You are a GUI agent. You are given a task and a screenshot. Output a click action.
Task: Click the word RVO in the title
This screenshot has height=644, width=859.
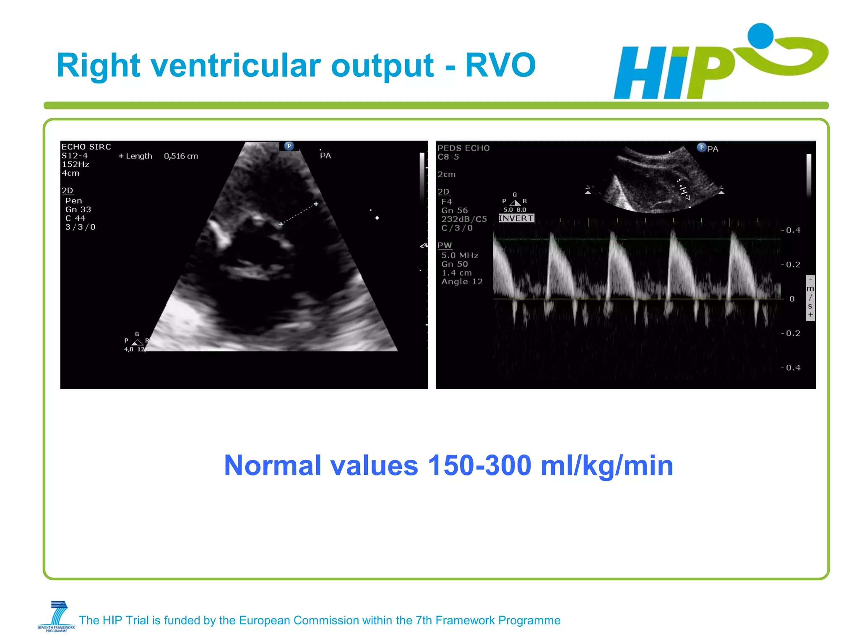[500, 65]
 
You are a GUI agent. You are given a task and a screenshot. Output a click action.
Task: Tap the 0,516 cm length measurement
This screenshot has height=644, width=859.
[181, 156]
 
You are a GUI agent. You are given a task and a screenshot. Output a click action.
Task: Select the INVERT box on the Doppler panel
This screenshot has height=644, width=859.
[516, 218]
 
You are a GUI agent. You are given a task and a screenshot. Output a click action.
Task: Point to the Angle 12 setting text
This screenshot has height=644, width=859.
[462, 282]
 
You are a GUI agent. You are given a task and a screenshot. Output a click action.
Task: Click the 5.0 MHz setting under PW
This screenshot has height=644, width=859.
[459, 255]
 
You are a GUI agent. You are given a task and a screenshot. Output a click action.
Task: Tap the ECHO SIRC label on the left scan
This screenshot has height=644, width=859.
[86, 147]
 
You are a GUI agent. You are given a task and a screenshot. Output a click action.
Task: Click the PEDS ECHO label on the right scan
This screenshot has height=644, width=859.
[463, 148]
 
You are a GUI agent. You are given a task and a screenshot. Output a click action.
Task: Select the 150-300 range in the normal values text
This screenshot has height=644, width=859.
[479, 466]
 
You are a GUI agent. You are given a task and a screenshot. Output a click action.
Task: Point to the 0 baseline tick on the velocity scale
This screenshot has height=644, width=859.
[791, 299]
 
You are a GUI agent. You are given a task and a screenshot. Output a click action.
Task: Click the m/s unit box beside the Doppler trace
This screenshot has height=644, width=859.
[810, 298]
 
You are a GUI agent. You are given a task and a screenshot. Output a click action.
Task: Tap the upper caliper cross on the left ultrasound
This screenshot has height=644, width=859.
[316, 204]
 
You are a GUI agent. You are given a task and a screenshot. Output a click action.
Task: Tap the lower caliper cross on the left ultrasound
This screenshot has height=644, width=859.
[281, 224]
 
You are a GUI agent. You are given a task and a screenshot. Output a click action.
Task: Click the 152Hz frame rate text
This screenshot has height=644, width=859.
[75, 164]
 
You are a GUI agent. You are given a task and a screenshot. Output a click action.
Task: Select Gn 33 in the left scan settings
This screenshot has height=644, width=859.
[78, 209]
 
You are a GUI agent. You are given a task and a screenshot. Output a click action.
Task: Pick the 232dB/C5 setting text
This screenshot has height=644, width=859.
[464, 219]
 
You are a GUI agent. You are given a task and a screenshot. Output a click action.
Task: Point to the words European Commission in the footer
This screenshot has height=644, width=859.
[289, 620]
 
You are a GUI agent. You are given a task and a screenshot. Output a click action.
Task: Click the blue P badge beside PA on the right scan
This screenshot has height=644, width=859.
[701, 147]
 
